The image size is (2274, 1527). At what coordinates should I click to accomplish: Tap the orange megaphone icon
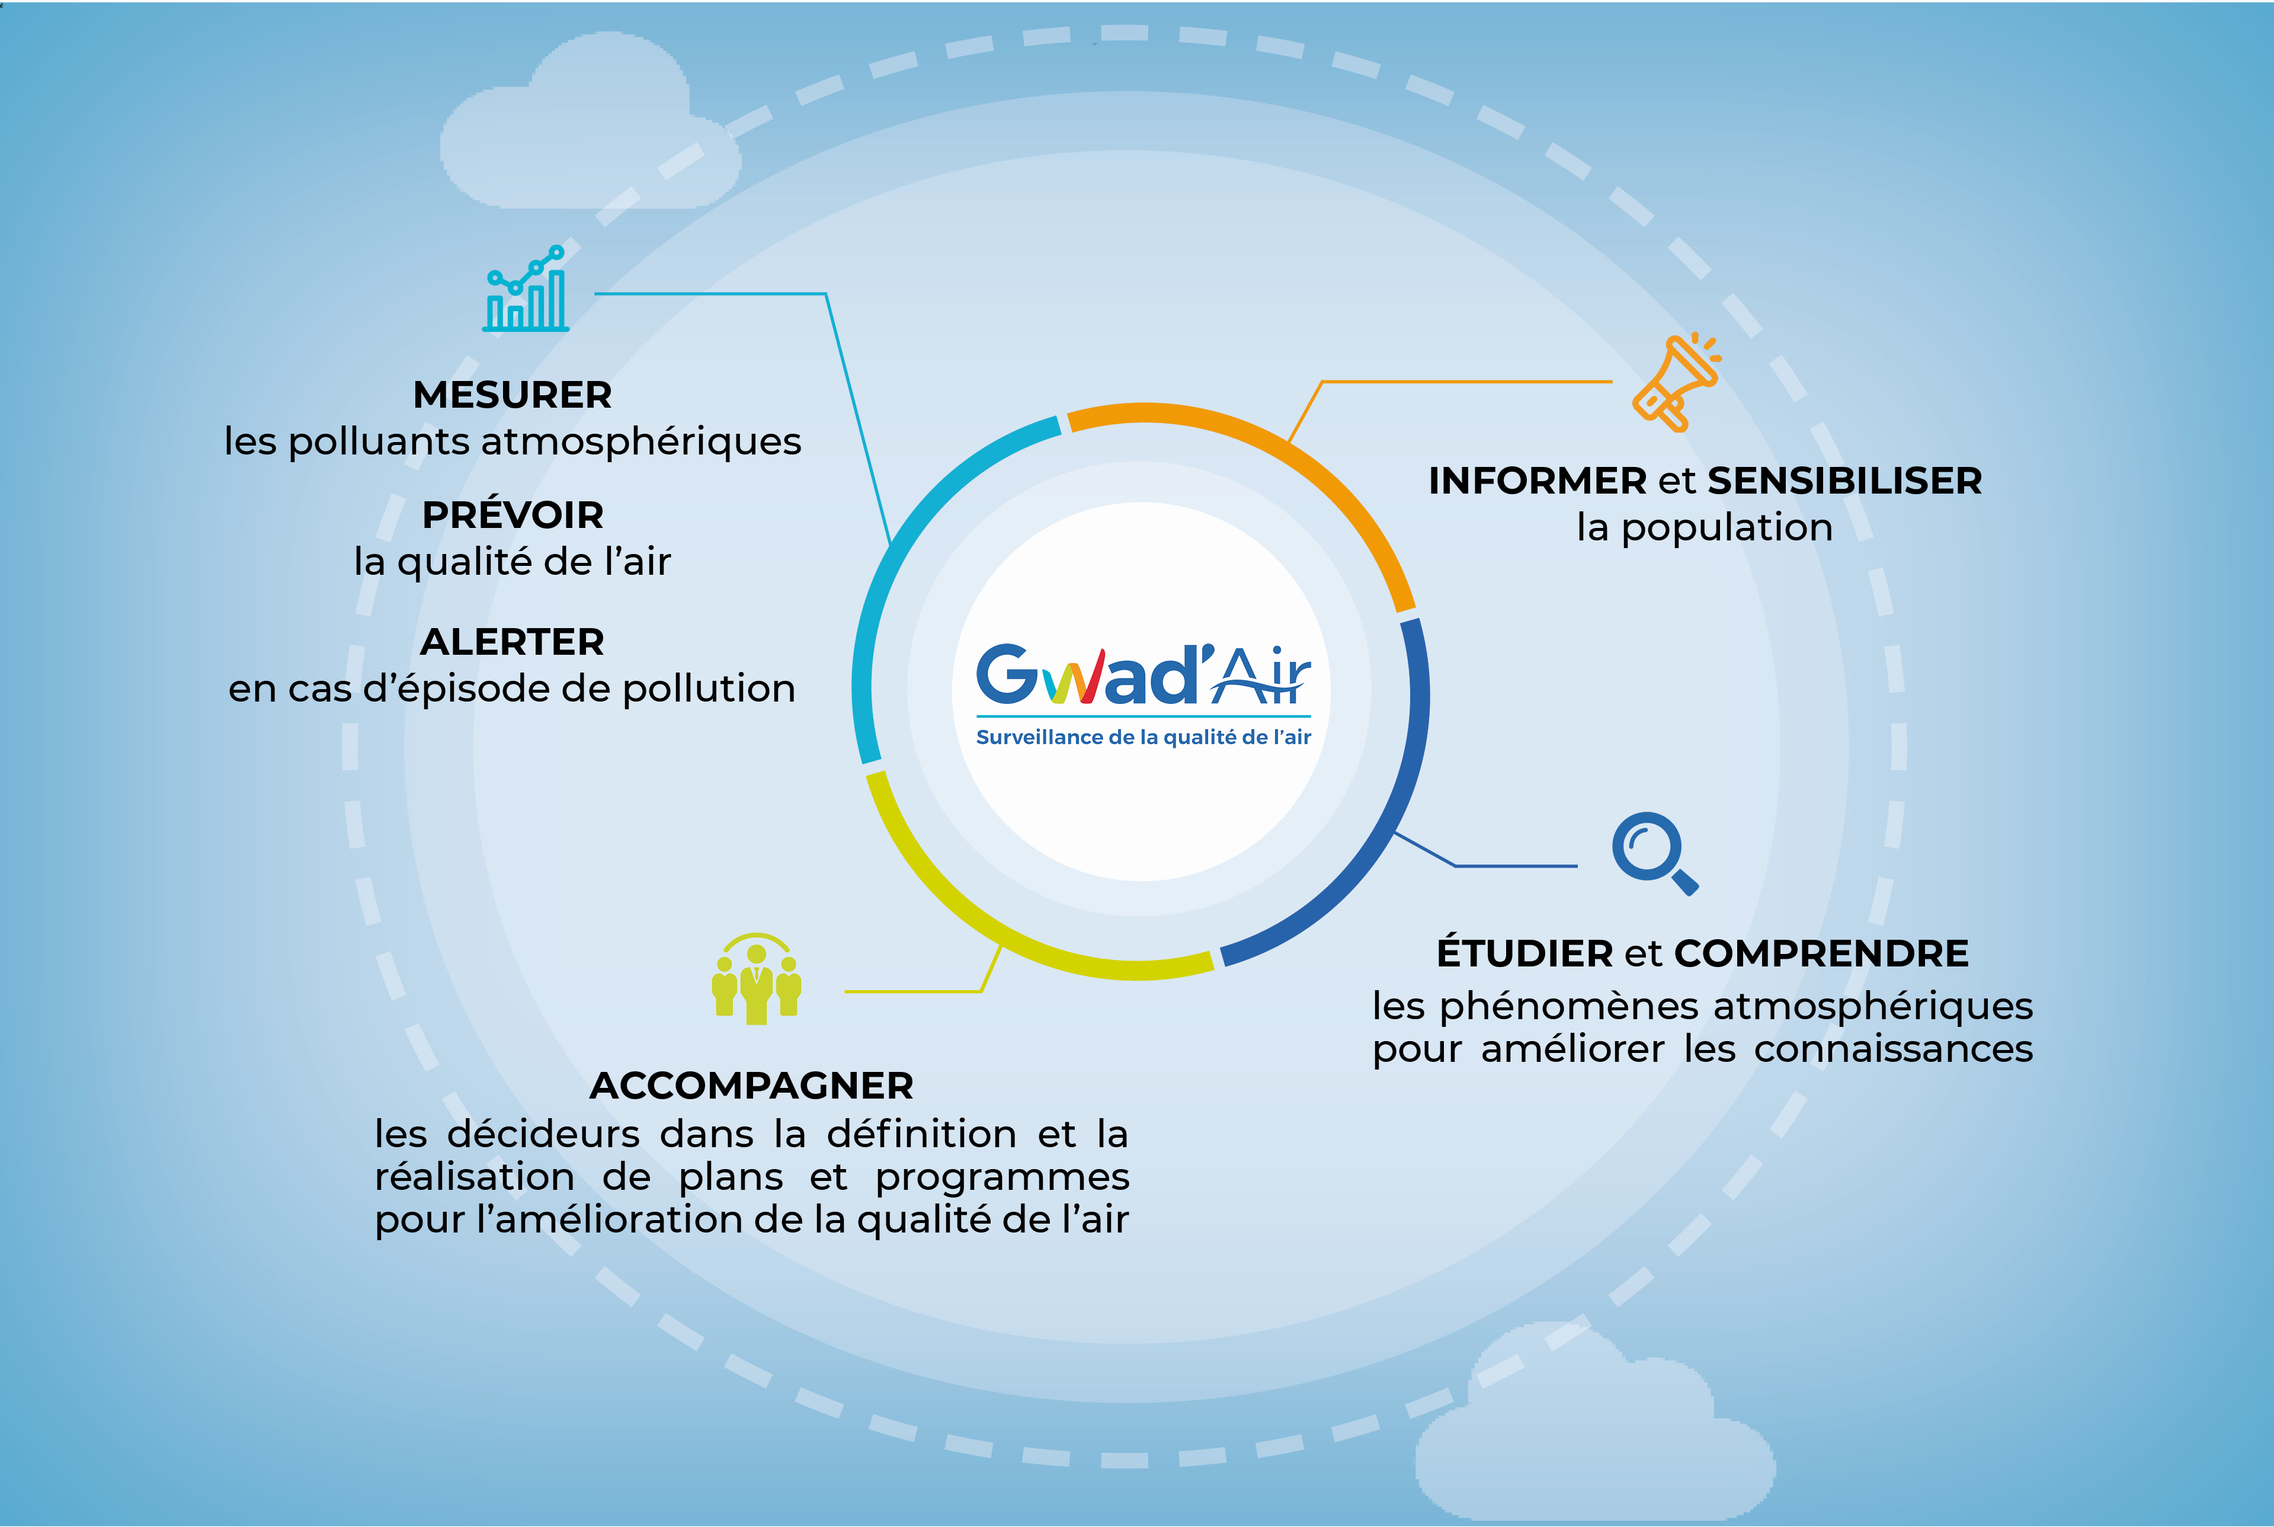point(1676,382)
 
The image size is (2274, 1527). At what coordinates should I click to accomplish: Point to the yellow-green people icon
point(757,979)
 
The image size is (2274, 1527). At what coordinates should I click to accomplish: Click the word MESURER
point(513,395)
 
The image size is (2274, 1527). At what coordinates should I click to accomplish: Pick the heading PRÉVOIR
point(513,514)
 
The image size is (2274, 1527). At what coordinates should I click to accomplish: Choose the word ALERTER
point(512,642)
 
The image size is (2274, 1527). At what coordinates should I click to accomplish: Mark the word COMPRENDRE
point(1821,953)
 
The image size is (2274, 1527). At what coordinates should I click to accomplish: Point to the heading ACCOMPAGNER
point(751,1086)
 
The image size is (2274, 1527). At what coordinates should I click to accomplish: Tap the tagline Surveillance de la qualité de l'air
point(1144,737)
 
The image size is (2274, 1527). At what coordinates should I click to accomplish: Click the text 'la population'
point(1705,528)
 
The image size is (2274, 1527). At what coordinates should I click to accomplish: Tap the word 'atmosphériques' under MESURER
point(642,442)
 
